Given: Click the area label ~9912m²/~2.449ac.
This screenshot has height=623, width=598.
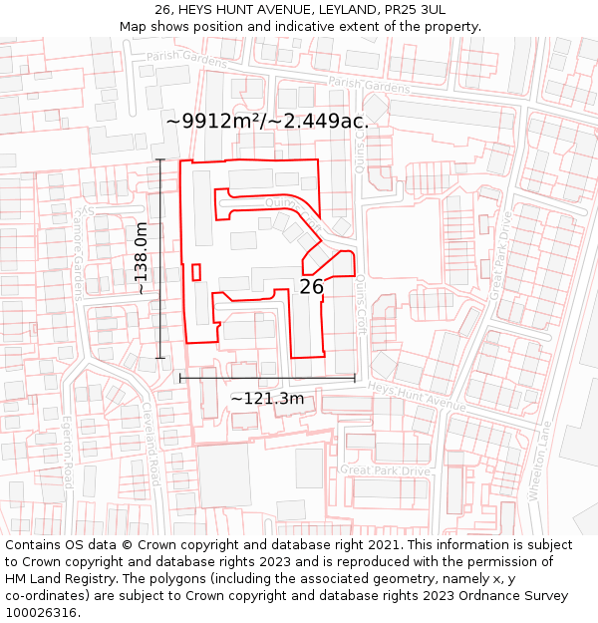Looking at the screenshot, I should [x=267, y=121].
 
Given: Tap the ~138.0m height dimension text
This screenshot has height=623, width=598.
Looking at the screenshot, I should [x=142, y=258].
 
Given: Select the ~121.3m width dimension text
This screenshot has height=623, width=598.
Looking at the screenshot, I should [x=267, y=399].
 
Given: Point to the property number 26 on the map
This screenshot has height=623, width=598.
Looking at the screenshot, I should [x=311, y=287].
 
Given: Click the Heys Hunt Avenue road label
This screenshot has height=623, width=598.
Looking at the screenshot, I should [x=417, y=396].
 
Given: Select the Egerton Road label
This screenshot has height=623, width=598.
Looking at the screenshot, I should [x=68, y=453].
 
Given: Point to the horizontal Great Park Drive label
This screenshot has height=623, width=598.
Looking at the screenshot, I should [x=385, y=469].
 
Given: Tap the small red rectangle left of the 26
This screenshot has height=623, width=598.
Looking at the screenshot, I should [x=196, y=271].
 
